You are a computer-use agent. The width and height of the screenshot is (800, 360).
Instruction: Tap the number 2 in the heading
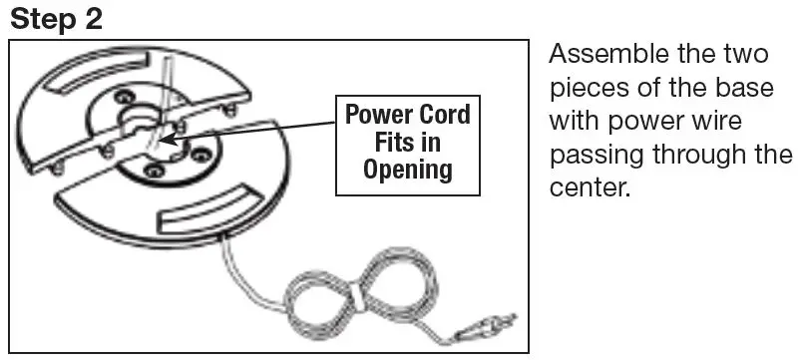point(93,19)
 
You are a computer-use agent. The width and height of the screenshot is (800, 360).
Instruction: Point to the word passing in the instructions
point(597,156)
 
